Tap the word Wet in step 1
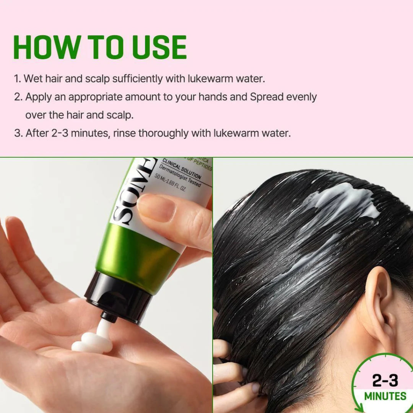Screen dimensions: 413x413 point(33,79)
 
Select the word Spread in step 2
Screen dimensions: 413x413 point(268,97)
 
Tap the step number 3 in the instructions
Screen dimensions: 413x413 point(18,133)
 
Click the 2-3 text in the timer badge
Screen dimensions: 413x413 point(385,380)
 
